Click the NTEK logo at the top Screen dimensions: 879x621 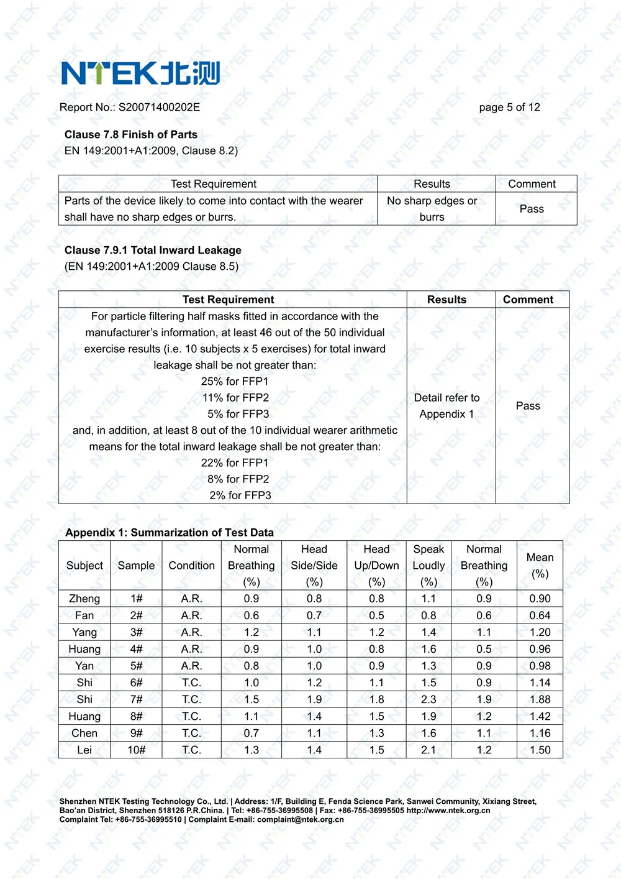pyautogui.click(x=140, y=73)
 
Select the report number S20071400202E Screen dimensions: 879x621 pyautogui.click(x=159, y=107)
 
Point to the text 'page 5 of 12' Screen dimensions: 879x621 pyautogui.click(x=509, y=107)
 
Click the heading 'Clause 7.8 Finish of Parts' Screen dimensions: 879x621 pyautogui.click(x=131, y=134)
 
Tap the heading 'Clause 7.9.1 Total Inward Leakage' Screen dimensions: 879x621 pyautogui.click(x=153, y=250)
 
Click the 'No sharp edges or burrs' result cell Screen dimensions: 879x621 pyautogui.click(x=432, y=209)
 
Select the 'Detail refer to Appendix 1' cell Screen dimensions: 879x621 pyautogui.click(x=446, y=406)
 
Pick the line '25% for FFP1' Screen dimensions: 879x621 pyautogui.click(x=235, y=381)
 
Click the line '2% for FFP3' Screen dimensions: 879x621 pyautogui.click(x=240, y=495)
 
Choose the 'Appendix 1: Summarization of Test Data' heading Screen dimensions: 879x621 pyautogui.click(x=170, y=532)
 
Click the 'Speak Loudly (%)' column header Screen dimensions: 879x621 pyautogui.click(x=428, y=566)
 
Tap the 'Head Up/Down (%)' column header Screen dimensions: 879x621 pyautogui.click(x=376, y=566)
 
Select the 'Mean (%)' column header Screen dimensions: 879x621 pyautogui.click(x=540, y=566)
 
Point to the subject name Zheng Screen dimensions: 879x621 pyautogui.click(x=84, y=599)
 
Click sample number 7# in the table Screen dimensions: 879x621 pyautogui.click(x=136, y=699)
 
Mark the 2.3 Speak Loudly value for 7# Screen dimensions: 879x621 pyautogui.click(x=428, y=699)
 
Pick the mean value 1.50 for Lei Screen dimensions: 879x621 pyautogui.click(x=540, y=750)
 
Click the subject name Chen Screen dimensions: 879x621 pyautogui.click(x=84, y=733)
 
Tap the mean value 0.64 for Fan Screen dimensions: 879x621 pyautogui.click(x=540, y=615)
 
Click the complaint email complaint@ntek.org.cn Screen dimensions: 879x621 pyautogui.click(x=301, y=819)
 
